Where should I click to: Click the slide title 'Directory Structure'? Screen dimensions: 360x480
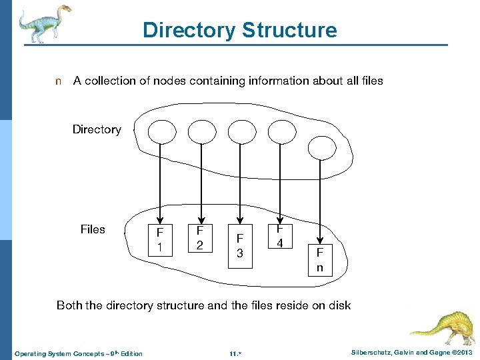(x=239, y=30)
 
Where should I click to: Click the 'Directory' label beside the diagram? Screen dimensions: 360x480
(x=97, y=129)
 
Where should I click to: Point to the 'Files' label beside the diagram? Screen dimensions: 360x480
(x=93, y=229)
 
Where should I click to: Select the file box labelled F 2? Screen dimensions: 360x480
(x=199, y=238)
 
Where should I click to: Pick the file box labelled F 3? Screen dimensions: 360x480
(x=241, y=246)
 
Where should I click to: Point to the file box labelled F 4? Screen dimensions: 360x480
(x=281, y=235)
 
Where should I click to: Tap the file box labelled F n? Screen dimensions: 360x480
(x=320, y=260)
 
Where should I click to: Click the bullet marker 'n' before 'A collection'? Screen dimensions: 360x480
(x=58, y=81)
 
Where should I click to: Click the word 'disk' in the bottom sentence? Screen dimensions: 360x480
(x=337, y=305)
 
